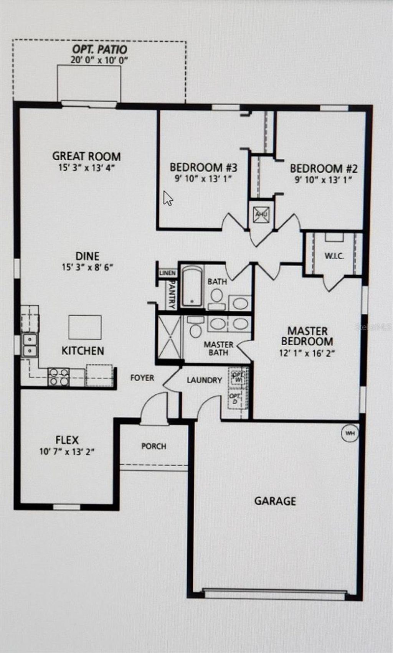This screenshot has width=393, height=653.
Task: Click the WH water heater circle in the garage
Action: (350, 433)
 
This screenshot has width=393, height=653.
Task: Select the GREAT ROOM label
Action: (86, 156)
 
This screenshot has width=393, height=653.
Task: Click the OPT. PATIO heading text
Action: (100, 49)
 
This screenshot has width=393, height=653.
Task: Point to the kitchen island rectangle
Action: (85, 327)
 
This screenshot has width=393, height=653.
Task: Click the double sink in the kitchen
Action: (30, 345)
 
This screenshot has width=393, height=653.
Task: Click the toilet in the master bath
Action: (196, 328)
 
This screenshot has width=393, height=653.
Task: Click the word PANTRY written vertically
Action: (172, 295)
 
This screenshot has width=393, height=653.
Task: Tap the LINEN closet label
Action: (168, 273)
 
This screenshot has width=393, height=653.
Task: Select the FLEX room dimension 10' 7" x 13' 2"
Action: (67, 452)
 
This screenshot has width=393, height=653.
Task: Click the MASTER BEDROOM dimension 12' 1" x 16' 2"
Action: (307, 353)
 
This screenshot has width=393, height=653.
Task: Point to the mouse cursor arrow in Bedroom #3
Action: (168, 198)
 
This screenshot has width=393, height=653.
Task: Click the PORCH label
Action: (154, 446)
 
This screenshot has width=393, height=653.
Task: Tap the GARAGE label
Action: (275, 501)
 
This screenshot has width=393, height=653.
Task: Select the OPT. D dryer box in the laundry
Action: (235, 399)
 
